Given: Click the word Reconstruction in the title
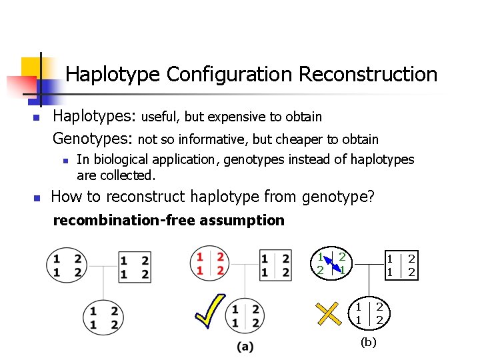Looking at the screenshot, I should pyautogui.click(x=368, y=74).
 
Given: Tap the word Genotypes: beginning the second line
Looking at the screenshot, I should pyautogui.click(x=93, y=139).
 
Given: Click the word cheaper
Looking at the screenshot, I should pyautogui.click(x=293, y=140).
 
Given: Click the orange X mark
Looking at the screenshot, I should pyautogui.click(x=328, y=313).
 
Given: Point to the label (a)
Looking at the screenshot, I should pyautogui.click(x=245, y=347).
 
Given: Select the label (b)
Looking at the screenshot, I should pyautogui.click(x=368, y=342).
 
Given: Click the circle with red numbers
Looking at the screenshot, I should pyautogui.click(x=209, y=263).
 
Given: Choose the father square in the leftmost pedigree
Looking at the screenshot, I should pyautogui.click(x=135, y=266).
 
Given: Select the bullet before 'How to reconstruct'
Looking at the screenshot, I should pyautogui.click(x=37, y=198).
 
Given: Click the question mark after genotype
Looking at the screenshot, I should pyautogui.click(x=371, y=197).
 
